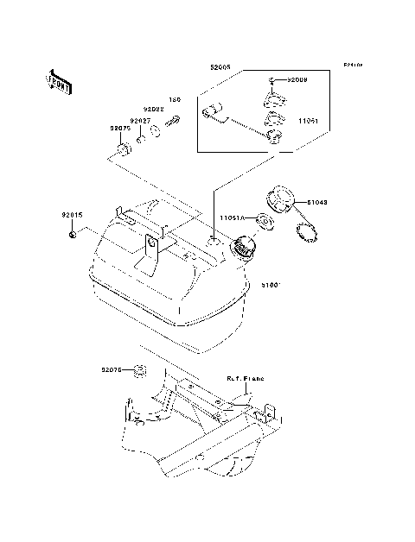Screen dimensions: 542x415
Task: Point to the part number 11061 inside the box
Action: pos(310,122)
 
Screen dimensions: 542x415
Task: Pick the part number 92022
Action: pos(154,110)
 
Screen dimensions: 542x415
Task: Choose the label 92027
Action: pos(140,121)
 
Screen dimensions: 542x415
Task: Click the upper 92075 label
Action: pos(120,129)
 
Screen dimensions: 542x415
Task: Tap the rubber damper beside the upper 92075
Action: pos(122,154)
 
